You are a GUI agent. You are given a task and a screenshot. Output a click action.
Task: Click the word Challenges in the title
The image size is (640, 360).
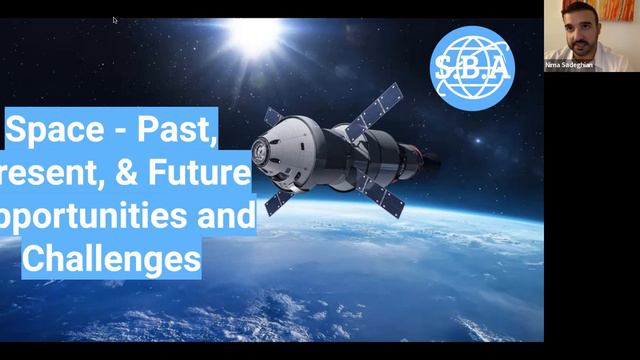pos(110,260)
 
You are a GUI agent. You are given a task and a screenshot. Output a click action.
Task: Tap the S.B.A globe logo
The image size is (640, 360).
pos(472,68)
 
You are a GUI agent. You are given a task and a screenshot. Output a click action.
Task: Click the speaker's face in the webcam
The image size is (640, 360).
pos(583,28)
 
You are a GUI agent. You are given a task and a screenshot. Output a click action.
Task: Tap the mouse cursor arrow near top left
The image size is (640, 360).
pos(115,19)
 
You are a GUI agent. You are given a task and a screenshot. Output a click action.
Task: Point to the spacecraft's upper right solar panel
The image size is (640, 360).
pos(379,104)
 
